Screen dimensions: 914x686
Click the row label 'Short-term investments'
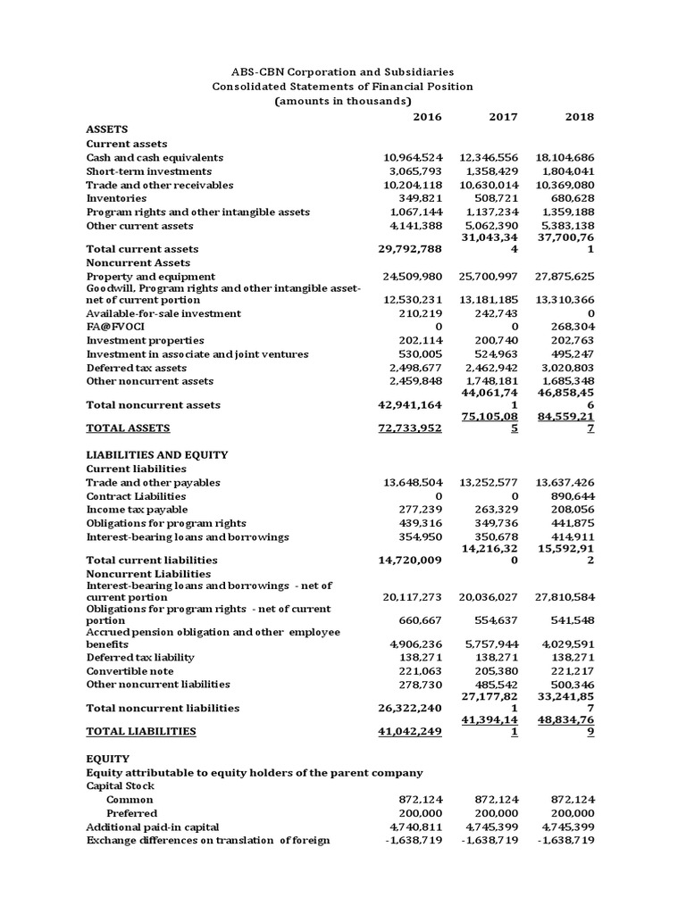click(x=148, y=170)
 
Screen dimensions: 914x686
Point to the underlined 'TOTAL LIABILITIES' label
click(x=140, y=731)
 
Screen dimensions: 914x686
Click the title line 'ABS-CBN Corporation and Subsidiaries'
click(x=342, y=71)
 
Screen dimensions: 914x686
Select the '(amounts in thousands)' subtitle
click(x=342, y=101)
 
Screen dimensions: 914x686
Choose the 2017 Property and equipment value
click(x=488, y=277)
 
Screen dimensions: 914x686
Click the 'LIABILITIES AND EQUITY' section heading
click(x=156, y=454)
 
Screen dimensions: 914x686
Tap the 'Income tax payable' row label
click(x=137, y=509)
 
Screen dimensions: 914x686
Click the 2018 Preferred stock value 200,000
click(x=572, y=813)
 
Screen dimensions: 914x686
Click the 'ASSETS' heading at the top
click(x=106, y=129)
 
